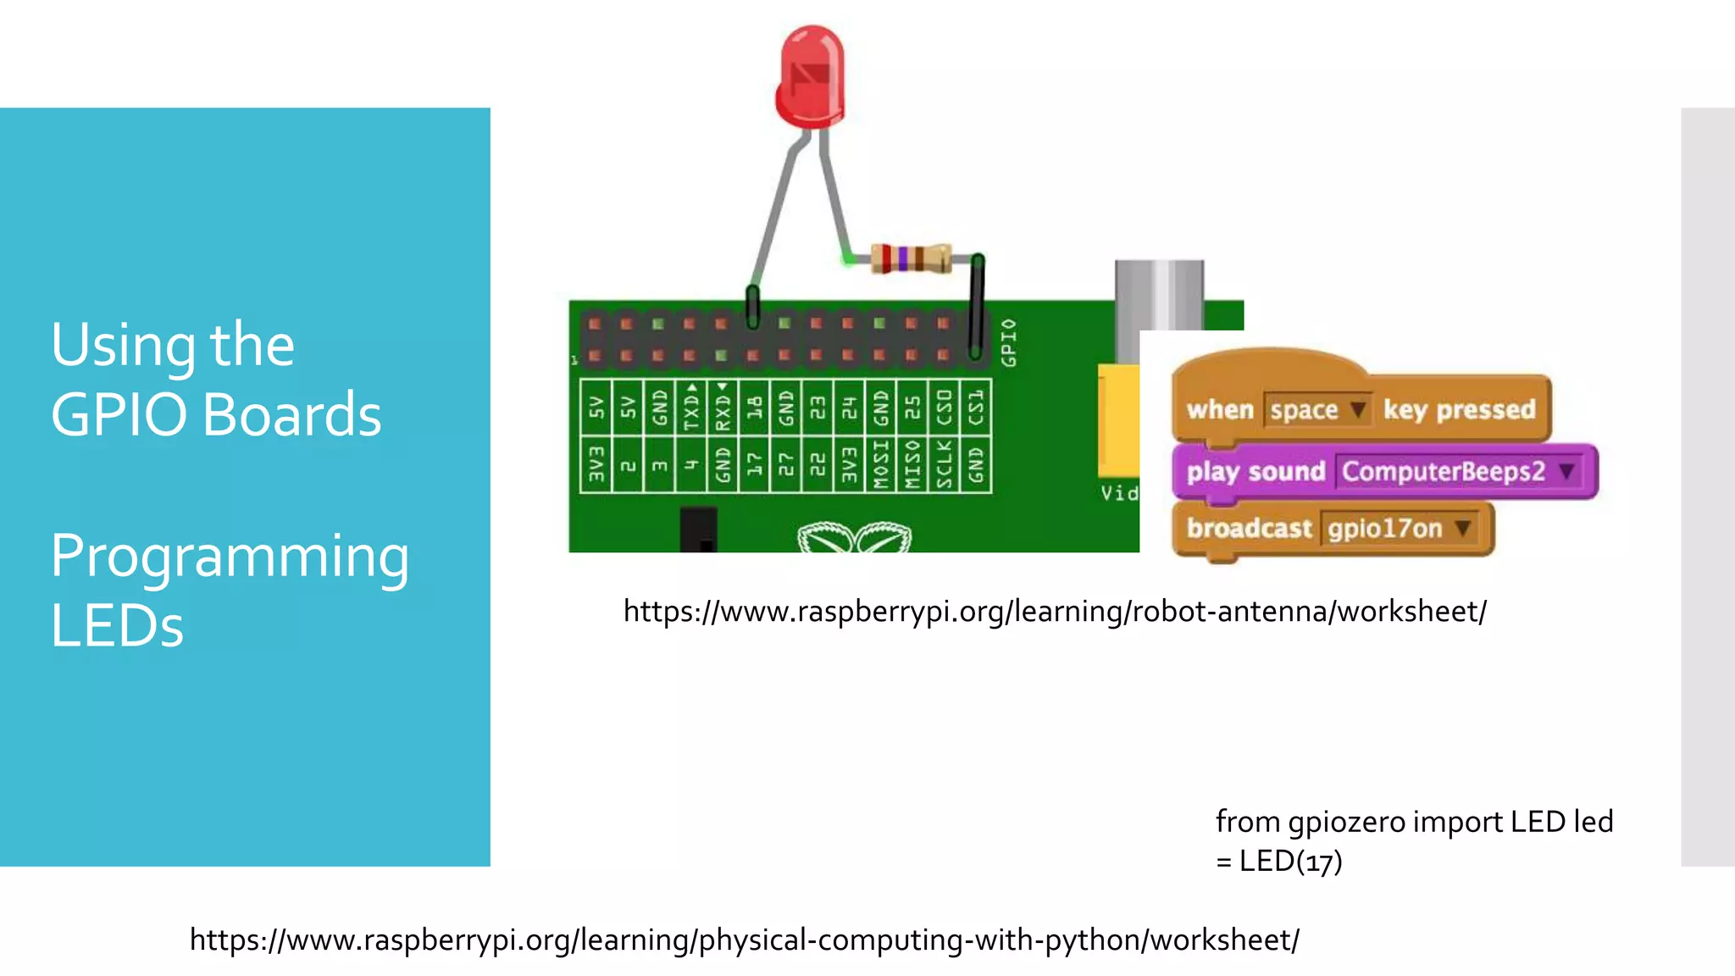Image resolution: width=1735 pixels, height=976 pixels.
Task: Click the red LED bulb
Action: [x=811, y=76]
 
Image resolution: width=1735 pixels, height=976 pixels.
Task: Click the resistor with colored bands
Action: [x=911, y=258]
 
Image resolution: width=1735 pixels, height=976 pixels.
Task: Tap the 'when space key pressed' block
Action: [x=1361, y=409]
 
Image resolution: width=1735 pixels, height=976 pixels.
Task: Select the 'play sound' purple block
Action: [x=1255, y=471]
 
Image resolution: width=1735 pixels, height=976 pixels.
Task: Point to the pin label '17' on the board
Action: [x=754, y=463]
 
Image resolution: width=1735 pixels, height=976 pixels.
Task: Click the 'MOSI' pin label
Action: [x=881, y=463]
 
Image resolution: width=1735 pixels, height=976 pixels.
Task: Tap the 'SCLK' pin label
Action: [x=944, y=463]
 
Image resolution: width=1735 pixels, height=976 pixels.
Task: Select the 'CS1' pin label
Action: [x=976, y=408]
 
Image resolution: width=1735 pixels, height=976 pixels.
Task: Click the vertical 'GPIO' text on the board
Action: [x=1008, y=342]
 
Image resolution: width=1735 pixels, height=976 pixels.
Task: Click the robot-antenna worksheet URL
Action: [x=1055, y=611]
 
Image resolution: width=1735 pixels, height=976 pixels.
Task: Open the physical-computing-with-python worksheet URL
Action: [x=744, y=940]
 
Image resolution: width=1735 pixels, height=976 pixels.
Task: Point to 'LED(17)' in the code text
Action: [x=1290, y=862]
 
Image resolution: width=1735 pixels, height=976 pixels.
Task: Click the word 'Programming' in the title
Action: [x=230, y=557]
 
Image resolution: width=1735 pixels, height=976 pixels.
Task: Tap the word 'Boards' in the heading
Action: [x=292, y=415]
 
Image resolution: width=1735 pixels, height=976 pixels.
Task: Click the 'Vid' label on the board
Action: [x=1118, y=493]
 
